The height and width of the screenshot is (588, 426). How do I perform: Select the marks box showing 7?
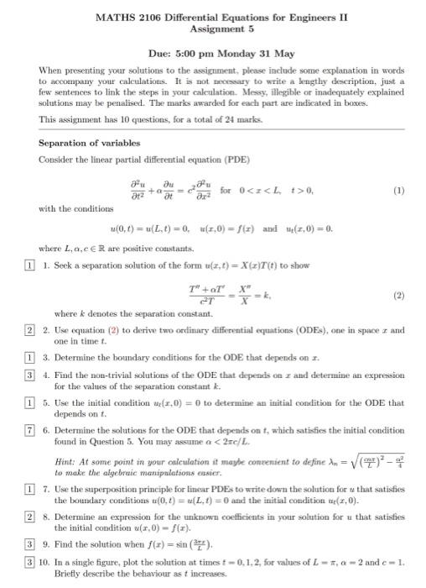click(x=28, y=428)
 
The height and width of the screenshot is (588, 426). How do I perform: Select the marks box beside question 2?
click(x=28, y=330)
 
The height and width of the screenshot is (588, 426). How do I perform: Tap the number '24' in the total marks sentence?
click(x=219, y=119)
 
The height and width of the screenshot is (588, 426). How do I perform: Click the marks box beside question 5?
click(x=28, y=403)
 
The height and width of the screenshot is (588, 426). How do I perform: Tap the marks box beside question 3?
click(x=28, y=357)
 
